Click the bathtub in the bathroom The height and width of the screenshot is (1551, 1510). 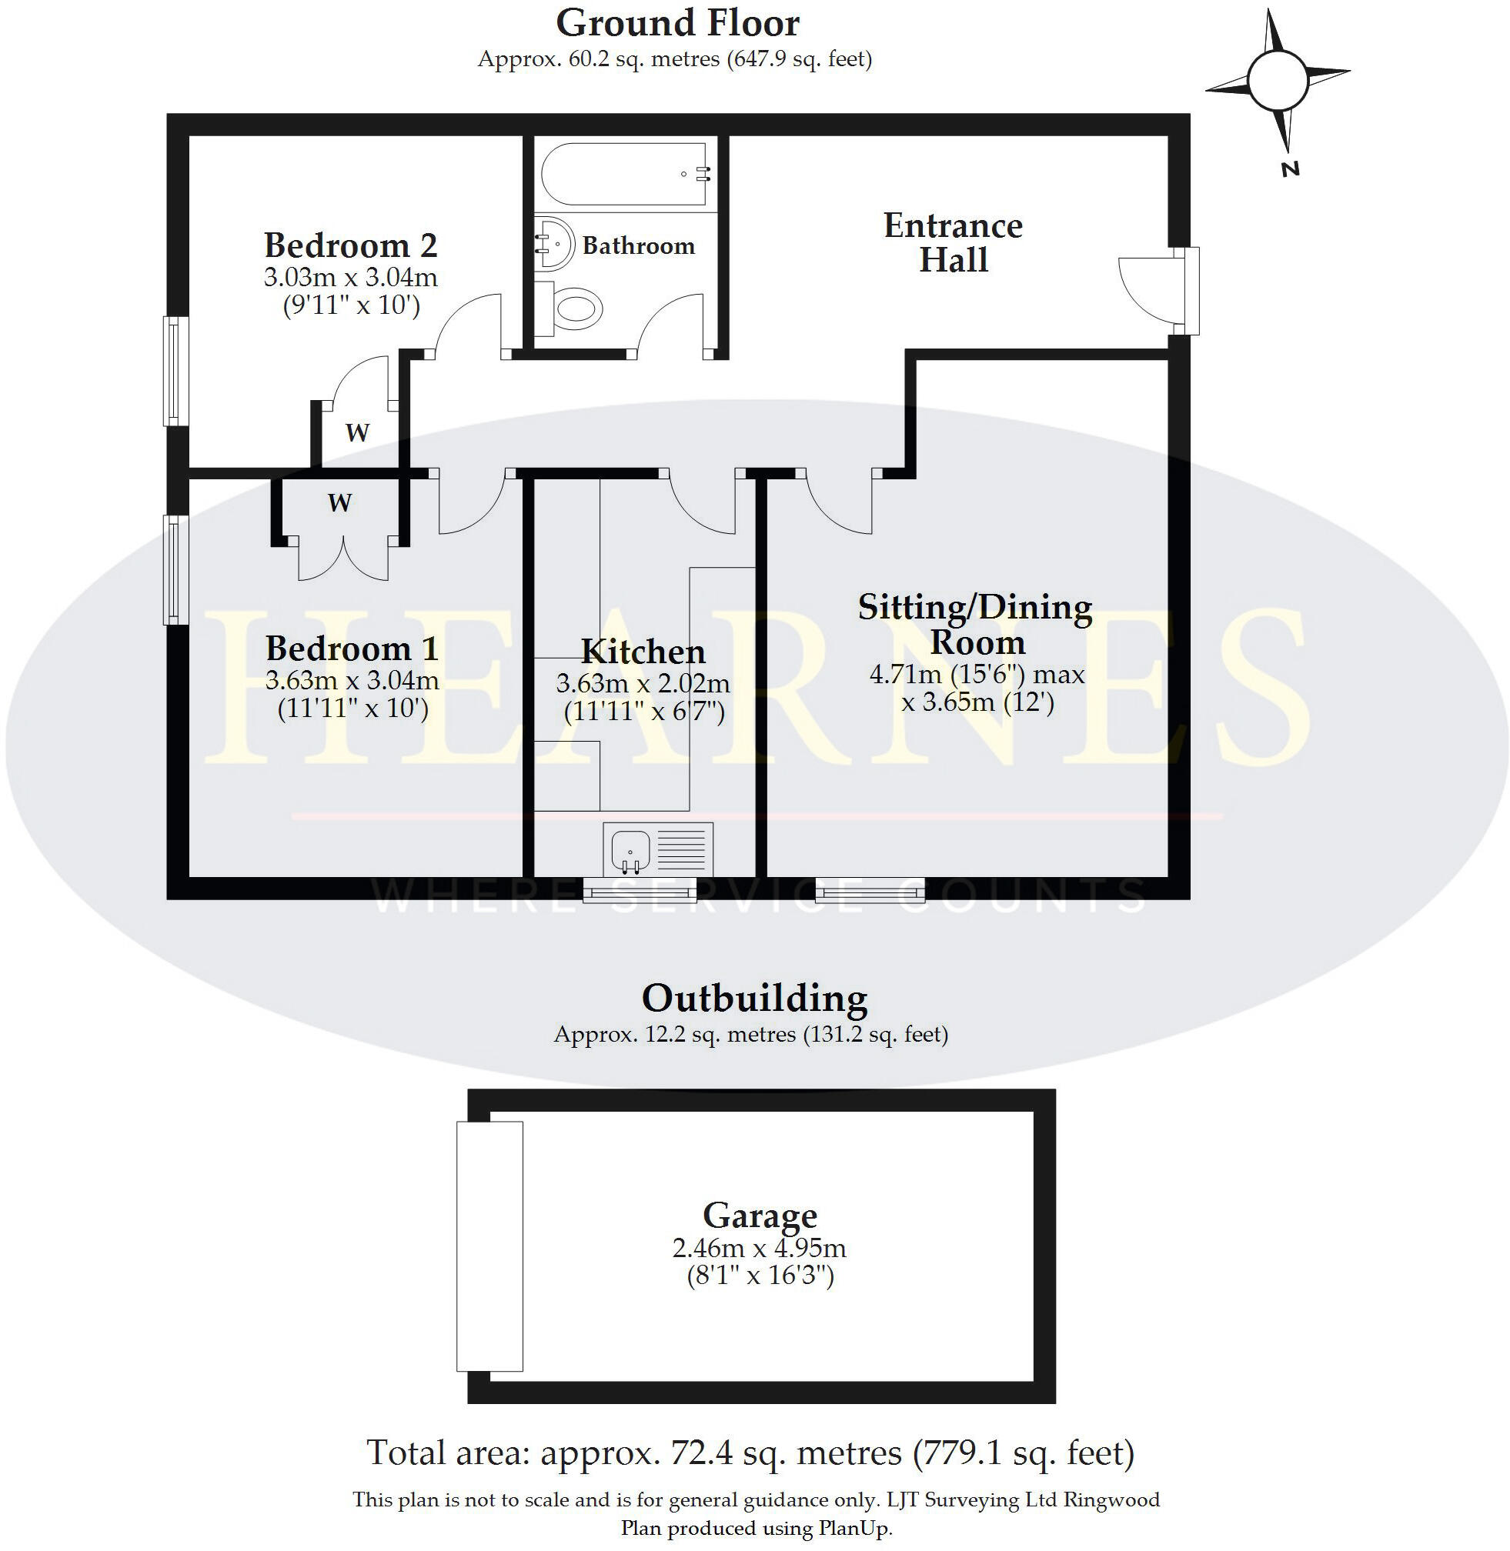[624, 174]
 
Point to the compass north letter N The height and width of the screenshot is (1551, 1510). [1291, 168]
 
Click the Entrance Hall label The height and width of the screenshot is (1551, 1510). [953, 242]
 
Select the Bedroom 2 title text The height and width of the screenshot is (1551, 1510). [350, 246]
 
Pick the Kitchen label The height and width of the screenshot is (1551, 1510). [643, 652]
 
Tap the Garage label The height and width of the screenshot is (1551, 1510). [760, 1216]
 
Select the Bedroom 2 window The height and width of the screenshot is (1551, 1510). [176, 371]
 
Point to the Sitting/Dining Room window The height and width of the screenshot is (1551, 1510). [870, 890]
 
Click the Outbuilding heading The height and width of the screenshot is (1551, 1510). [754, 999]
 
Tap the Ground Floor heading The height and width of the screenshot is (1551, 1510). [677, 24]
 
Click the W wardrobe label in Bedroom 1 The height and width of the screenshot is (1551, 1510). [339, 502]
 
